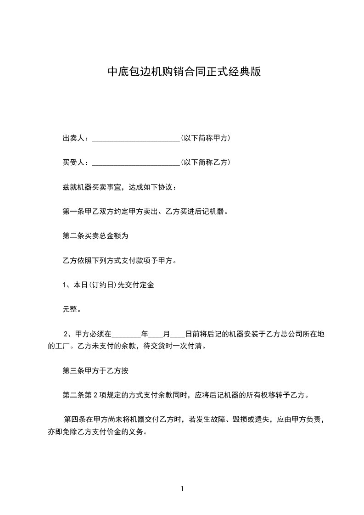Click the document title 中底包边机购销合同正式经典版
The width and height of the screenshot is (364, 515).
pyautogui.click(x=184, y=72)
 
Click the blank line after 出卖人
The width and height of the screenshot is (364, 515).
pyautogui.click(x=136, y=139)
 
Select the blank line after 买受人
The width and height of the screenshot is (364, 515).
pyautogui.click(x=136, y=163)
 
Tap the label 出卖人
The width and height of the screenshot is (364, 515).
pyautogui.click(x=75, y=138)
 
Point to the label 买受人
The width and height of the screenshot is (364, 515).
pyautogui.click(x=75, y=162)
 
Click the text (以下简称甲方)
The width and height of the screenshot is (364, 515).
pyautogui.click(x=205, y=138)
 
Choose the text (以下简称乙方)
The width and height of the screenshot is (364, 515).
pyautogui.click(x=205, y=162)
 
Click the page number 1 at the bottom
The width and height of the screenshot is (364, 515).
pyautogui.click(x=182, y=489)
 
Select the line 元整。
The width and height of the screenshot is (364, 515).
pyautogui.click(x=72, y=309)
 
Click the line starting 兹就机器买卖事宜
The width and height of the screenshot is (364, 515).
pyautogui.click(x=118, y=187)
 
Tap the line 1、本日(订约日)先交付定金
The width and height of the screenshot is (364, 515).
pyautogui.click(x=108, y=285)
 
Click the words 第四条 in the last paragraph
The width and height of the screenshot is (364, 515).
pyautogui.click(x=73, y=419)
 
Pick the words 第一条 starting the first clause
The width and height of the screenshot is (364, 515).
pyautogui.click(x=72, y=212)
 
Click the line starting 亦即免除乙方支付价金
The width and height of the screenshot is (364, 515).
pyautogui.click(x=97, y=431)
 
